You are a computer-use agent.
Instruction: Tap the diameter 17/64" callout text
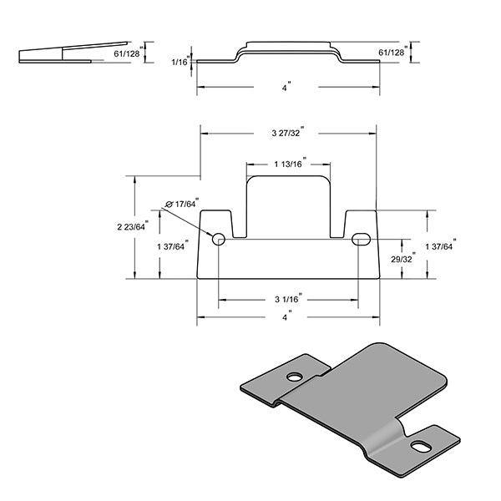pyautogui.click(x=184, y=203)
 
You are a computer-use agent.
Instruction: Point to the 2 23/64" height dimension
pyautogui.click(x=131, y=226)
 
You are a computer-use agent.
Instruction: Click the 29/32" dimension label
pyautogui.click(x=402, y=259)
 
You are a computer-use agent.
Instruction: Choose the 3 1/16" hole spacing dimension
pyautogui.click(x=288, y=298)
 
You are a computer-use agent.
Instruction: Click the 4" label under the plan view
pyautogui.click(x=286, y=317)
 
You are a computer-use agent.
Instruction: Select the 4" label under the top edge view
pyautogui.click(x=286, y=87)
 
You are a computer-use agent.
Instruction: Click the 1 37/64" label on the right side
pyautogui.click(x=439, y=245)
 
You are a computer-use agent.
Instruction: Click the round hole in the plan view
pyautogui.click(x=219, y=239)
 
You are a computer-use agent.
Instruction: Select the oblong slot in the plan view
pyautogui.click(x=362, y=239)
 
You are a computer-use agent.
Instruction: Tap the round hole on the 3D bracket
pyautogui.click(x=295, y=377)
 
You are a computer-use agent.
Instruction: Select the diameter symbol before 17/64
pyautogui.click(x=170, y=203)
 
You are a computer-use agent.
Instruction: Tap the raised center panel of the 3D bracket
pyautogui.click(x=367, y=392)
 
